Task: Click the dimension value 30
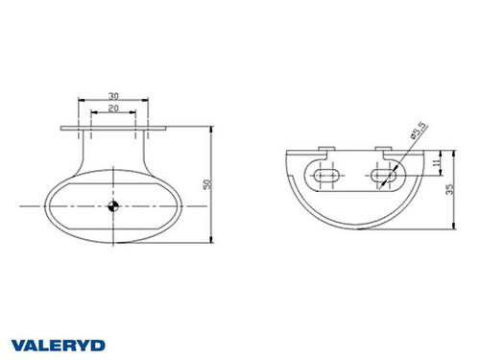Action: point(114,95)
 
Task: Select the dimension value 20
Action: point(114,108)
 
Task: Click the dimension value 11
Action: point(435,164)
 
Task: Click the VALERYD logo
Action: point(59,344)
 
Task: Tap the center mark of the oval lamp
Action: point(113,204)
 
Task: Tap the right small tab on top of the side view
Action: point(384,149)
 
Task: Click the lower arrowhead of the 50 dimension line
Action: point(211,237)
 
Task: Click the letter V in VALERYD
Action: point(18,344)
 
